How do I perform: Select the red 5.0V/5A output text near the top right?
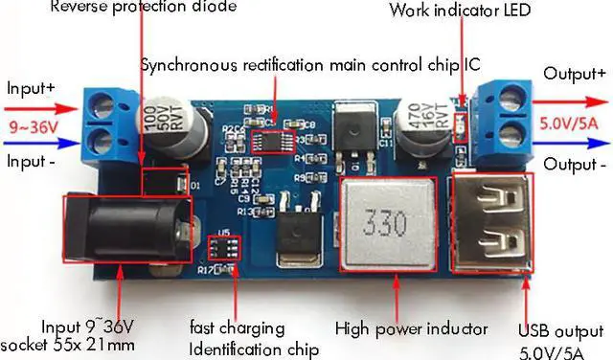coord(571,124)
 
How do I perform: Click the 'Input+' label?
coord(33,88)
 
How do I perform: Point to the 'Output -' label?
coord(577,165)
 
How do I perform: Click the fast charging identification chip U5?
coord(225,250)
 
